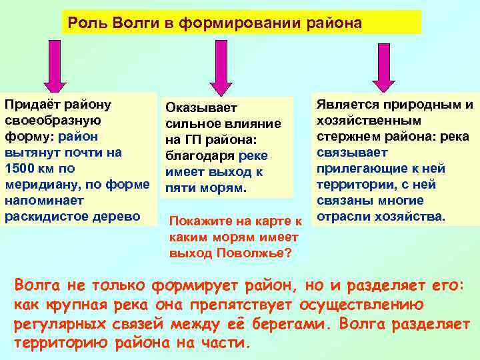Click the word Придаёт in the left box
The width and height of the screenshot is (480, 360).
click(30, 105)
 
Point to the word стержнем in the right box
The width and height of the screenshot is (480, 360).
click(349, 137)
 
